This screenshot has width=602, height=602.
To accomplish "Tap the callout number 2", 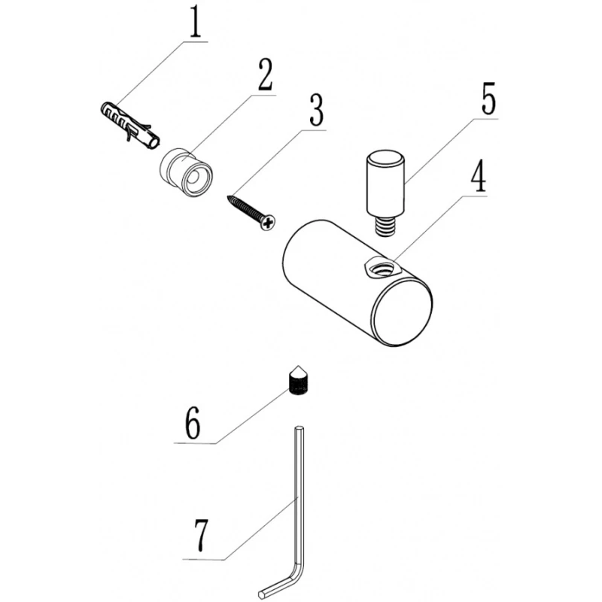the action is [265, 74].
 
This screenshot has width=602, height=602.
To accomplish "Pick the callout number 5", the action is [488, 98].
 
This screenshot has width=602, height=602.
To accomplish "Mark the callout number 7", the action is [201, 535].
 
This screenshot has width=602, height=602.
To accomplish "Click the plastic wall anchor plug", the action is [129, 124].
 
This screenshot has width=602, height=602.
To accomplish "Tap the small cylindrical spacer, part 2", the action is [186, 172].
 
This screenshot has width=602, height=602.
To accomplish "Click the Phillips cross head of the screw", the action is [269, 222].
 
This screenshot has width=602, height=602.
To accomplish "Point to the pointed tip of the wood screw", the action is [228, 196].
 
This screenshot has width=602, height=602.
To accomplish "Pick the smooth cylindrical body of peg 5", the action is [385, 183].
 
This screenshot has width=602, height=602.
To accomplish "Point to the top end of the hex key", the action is [299, 427].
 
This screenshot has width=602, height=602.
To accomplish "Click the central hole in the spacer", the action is [193, 178].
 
